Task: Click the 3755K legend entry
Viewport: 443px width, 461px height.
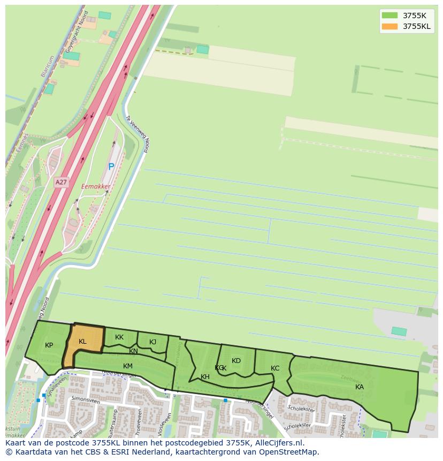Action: [x=406, y=16]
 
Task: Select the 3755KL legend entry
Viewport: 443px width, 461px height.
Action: [x=406, y=26]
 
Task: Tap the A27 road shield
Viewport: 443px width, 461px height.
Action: [x=61, y=183]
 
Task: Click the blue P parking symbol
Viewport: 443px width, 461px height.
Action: [x=111, y=167]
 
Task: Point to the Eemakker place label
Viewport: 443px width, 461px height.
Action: [x=96, y=187]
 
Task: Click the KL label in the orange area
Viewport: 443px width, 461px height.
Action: [x=82, y=342]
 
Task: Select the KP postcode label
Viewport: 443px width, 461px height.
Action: [x=49, y=345]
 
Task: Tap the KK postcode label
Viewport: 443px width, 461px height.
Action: [x=119, y=337]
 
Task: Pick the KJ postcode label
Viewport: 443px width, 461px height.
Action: [x=152, y=342]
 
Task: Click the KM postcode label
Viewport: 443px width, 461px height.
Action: [x=128, y=366]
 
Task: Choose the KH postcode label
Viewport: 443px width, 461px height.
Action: [x=205, y=377]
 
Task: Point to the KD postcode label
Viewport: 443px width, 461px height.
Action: [x=236, y=361]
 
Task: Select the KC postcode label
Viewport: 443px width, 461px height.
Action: [x=275, y=368]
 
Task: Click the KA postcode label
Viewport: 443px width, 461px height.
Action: [x=360, y=387]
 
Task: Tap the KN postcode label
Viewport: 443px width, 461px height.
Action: [x=133, y=352]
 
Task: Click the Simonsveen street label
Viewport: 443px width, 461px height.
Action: [x=86, y=399]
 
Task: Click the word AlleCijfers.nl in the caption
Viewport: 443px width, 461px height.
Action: [x=277, y=443]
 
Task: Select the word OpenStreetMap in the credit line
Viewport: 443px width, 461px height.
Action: [x=290, y=452]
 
